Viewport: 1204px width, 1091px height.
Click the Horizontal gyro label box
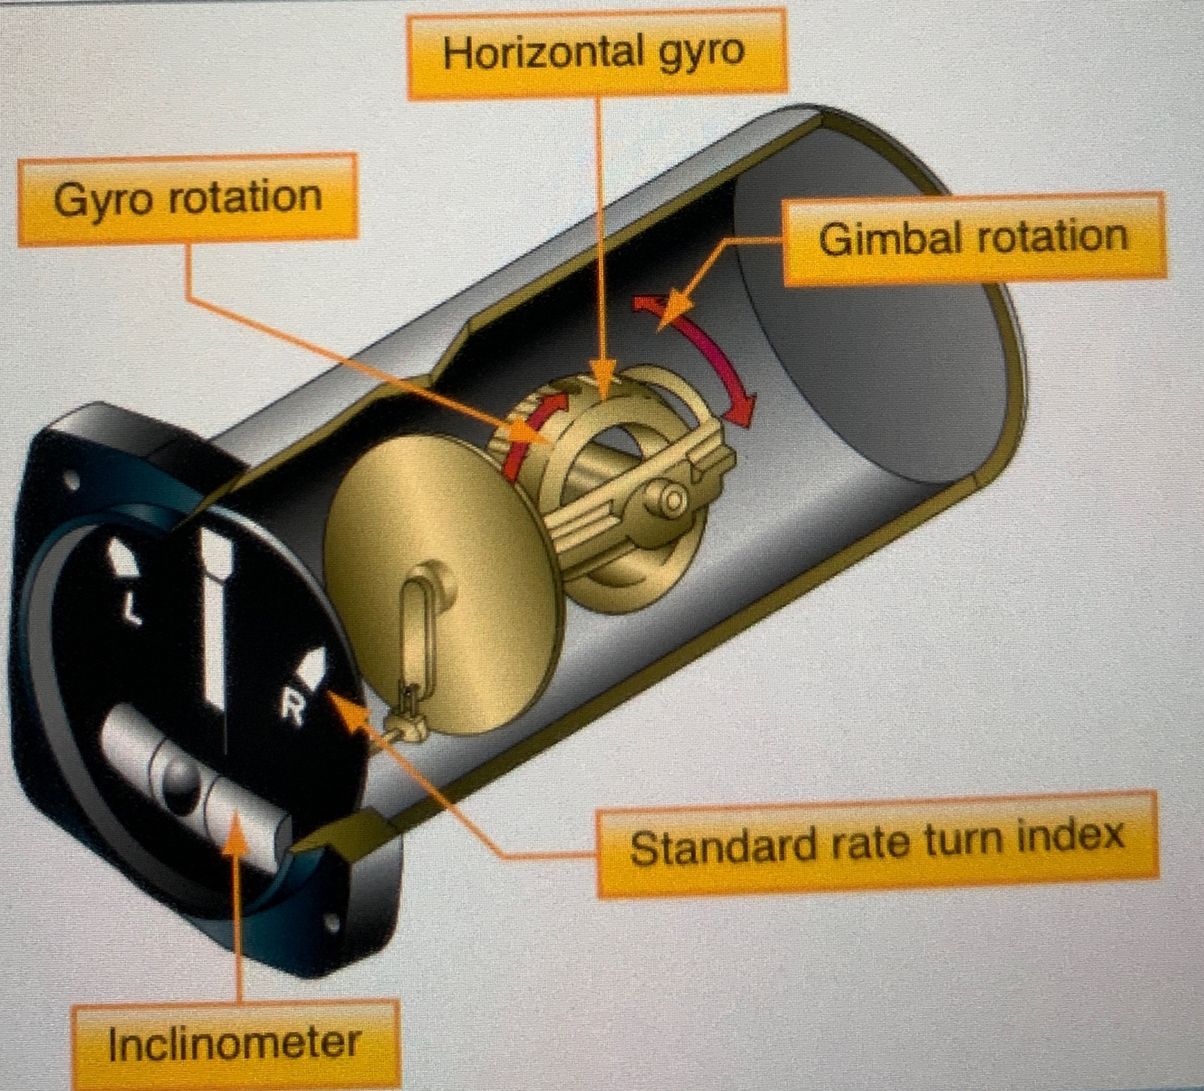pos(596,53)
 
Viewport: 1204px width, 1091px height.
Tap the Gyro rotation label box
pos(188,199)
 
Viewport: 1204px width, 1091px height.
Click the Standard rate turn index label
pos(876,845)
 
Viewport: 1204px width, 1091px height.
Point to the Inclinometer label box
pos(235,1044)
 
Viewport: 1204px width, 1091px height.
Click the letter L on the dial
pos(133,610)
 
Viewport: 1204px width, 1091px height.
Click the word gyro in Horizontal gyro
pos(700,53)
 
